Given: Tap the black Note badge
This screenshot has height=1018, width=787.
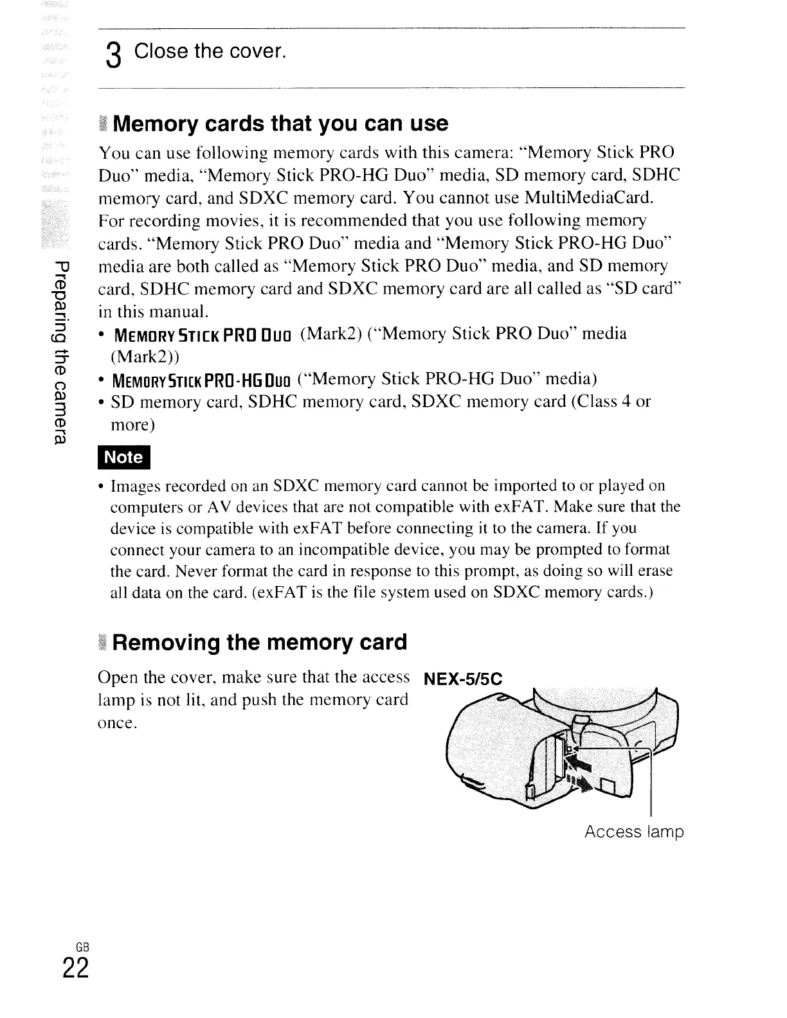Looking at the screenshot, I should pos(123,457).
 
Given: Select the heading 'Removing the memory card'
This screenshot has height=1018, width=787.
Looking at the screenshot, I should pos(260,642).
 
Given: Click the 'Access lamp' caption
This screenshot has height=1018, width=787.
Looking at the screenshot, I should pos(633,832).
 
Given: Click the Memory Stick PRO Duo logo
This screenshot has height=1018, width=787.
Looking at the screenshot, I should pos(203,335).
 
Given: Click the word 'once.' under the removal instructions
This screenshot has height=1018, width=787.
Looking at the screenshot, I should pos(116,722).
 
